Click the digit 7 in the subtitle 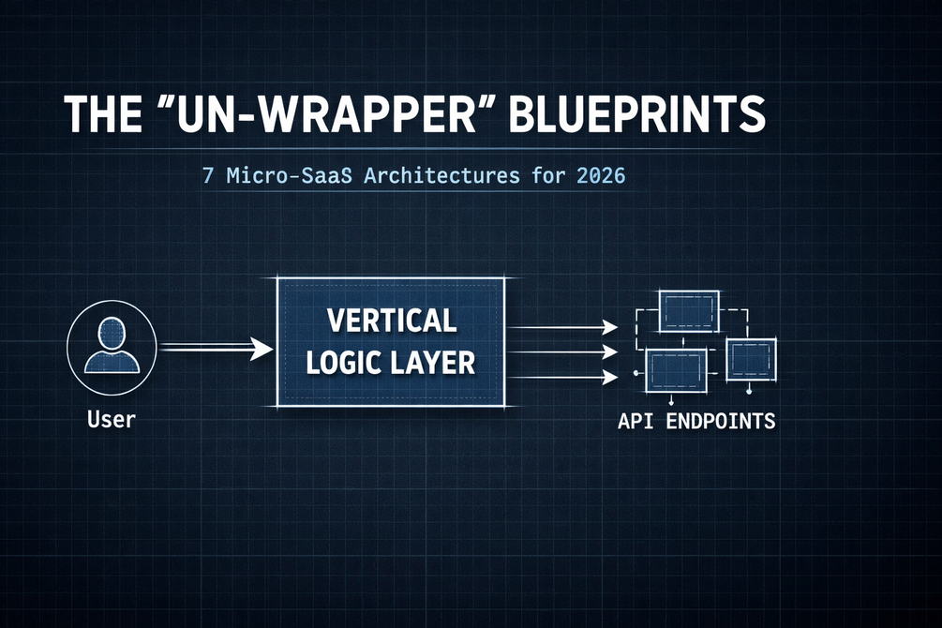(208, 175)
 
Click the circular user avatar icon (112, 344)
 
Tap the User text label (112, 418)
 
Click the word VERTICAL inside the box (392, 321)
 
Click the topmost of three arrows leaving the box (562, 327)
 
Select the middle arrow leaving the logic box (562, 352)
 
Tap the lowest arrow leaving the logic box (562, 378)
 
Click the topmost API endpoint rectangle (689, 310)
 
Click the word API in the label (635, 420)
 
